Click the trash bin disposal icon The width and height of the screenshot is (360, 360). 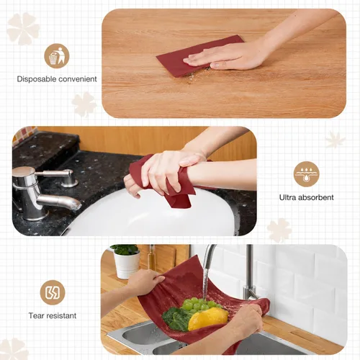(57, 55)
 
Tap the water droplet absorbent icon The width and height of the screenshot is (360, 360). (307, 174)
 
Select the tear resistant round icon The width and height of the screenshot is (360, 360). (53, 292)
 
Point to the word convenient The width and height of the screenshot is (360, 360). (78, 79)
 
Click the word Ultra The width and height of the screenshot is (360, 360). (287, 197)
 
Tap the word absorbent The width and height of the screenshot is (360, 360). (315, 197)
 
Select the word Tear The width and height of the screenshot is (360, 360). (36, 315)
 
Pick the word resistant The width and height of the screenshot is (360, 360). (61, 315)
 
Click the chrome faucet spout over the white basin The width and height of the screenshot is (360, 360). (59, 201)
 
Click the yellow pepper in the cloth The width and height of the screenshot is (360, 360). (208, 319)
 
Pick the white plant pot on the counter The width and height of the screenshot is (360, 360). (127, 265)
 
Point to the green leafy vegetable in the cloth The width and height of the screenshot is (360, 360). (175, 318)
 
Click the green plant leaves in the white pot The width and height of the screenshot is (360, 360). (125, 250)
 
